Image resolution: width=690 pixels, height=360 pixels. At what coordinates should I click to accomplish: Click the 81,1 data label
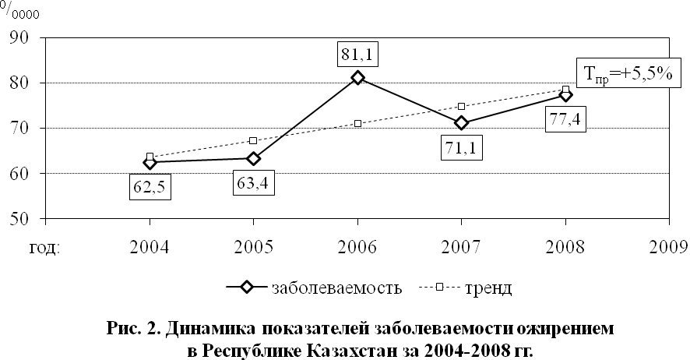357,54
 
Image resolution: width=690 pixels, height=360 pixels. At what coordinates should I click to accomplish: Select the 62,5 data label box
150,188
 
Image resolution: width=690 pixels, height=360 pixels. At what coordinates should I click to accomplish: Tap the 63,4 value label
253,182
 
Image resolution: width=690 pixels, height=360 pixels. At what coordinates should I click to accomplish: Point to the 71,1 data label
461,147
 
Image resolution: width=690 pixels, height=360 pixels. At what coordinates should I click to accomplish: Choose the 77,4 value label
565,119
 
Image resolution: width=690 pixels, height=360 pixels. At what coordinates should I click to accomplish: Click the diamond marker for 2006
357,78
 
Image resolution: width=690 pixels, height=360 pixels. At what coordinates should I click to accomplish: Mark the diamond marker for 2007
461,123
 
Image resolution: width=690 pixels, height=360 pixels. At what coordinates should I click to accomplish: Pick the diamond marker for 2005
253,158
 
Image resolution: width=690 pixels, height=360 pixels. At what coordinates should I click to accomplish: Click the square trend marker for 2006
357,124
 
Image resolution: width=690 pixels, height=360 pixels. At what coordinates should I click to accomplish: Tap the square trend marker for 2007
461,107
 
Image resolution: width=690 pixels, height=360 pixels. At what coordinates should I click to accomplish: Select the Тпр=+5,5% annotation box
628,74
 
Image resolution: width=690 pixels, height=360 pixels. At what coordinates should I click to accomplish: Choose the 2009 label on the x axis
669,247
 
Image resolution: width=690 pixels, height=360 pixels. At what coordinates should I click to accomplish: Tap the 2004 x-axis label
150,247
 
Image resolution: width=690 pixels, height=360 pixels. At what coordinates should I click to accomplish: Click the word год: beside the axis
44,249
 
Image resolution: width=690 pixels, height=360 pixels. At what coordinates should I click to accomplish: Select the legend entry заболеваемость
314,288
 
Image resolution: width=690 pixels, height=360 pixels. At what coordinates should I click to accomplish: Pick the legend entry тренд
466,288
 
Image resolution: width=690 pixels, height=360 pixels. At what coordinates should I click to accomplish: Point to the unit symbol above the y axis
19,11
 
